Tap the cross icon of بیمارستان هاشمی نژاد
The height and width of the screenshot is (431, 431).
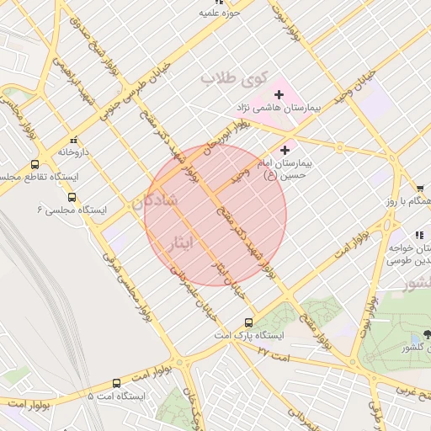pyautogui.click(x=279, y=94)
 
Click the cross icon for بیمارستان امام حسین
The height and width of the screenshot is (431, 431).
pyautogui.click(x=285, y=150)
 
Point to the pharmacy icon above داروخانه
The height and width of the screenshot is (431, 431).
pyautogui.click(x=74, y=140)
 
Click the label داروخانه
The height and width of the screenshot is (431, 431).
pyautogui.click(x=74, y=152)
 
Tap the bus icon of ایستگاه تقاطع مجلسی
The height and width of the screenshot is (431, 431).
pyautogui.click(x=35, y=165)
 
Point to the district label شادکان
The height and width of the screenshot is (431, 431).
pyautogui.click(x=154, y=201)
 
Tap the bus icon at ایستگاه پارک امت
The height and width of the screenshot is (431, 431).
pyautogui.click(x=248, y=322)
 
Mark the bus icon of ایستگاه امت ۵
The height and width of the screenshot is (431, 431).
pyautogui.click(x=115, y=383)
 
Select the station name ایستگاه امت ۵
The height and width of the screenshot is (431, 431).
pyautogui.click(x=116, y=396)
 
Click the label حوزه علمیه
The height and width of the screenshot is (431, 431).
pyautogui.click(x=221, y=13)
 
